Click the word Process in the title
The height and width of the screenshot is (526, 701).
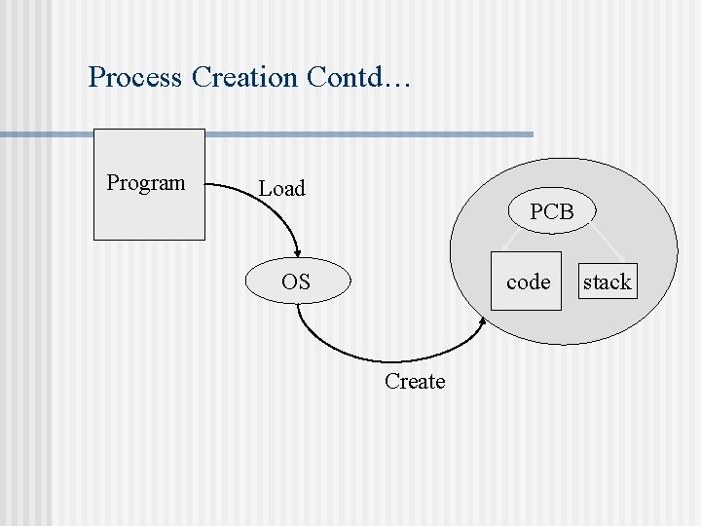[134, 77]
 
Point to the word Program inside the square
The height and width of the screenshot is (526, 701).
[146, 183]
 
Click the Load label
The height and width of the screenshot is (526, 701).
[281, 189]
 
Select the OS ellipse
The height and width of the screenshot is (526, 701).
[296, 282]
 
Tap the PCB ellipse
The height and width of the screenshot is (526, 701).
[552, 211]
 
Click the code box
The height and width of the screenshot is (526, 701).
[527, 282]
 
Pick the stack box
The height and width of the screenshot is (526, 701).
[608, 282]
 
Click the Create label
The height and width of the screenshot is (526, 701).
[415, 382]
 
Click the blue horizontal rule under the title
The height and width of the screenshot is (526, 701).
[292, 133]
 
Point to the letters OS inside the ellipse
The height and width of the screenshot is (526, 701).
[296, 282]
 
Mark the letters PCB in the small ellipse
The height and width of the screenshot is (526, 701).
[552, 211]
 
